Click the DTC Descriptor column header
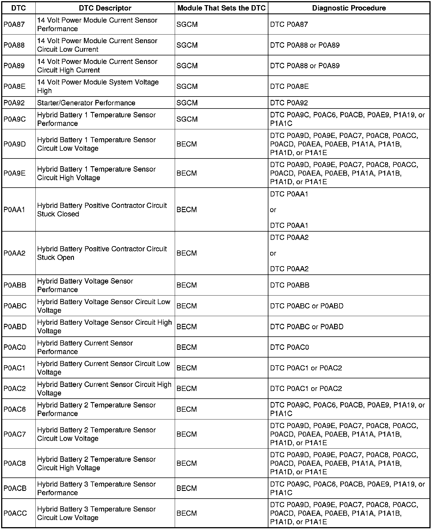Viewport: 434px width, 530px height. coord(105,8)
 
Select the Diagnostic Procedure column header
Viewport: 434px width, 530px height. coord(349,8)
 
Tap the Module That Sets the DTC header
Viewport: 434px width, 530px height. coord(221,8)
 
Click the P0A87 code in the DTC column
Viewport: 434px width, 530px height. coord(14,25)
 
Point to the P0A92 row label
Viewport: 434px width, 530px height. coord(14,103)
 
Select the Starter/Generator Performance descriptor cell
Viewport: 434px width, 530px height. coord(86,103)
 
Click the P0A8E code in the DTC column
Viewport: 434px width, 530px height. coord(14,86)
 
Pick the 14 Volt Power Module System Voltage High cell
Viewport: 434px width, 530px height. coord(98,86)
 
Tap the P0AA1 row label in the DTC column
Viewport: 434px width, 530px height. coord(14,210)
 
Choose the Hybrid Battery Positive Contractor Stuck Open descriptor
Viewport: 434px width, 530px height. coord(102,253)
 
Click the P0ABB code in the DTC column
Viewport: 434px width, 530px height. coord(15,285)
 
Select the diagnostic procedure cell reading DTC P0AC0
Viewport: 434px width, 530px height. coord(290,347)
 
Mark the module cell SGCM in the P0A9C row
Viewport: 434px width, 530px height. coord(187,119)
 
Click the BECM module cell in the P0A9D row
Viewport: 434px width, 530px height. coord(187,144)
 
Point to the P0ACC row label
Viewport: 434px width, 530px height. coord(15,513)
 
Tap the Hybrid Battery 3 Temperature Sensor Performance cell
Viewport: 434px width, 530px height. coord(96,488)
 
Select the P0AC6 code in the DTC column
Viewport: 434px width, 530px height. coord(15,409)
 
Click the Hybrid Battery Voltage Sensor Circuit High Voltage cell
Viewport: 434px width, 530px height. coord(104,326)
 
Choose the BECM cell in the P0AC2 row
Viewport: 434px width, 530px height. coord(187,389)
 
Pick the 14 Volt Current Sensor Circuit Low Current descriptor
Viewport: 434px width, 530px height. coord(97,45)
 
